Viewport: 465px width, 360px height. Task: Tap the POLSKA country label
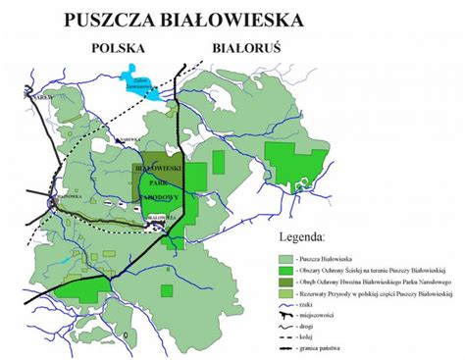tap(119, 47)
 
